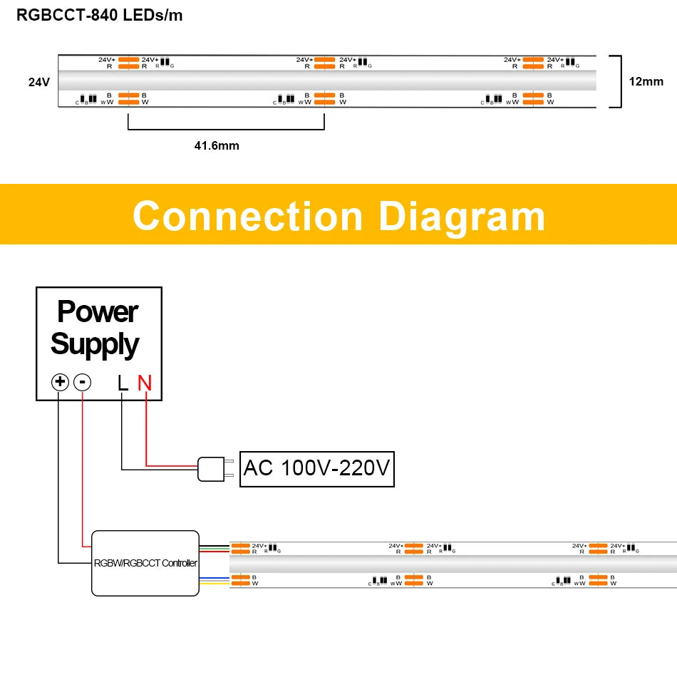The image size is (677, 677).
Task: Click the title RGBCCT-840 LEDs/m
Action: point(100,15)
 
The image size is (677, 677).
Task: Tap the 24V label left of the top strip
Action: point(38,82)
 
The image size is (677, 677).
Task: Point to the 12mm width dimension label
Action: point(646,81)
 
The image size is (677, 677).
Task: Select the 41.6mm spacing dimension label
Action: point(217,145)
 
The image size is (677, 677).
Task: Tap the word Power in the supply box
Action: point(98,311)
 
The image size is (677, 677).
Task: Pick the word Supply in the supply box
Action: point(95,343)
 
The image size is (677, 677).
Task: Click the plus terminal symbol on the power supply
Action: point(60,383)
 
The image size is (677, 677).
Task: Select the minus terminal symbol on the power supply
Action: point(83,383)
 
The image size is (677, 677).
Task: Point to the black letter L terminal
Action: point(123,383)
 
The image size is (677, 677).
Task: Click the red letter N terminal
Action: point(145,383)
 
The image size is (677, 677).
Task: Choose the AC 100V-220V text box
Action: point(316,468)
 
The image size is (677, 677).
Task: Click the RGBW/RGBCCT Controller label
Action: point(145,563)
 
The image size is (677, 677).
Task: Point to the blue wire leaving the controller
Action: point(214,575)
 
